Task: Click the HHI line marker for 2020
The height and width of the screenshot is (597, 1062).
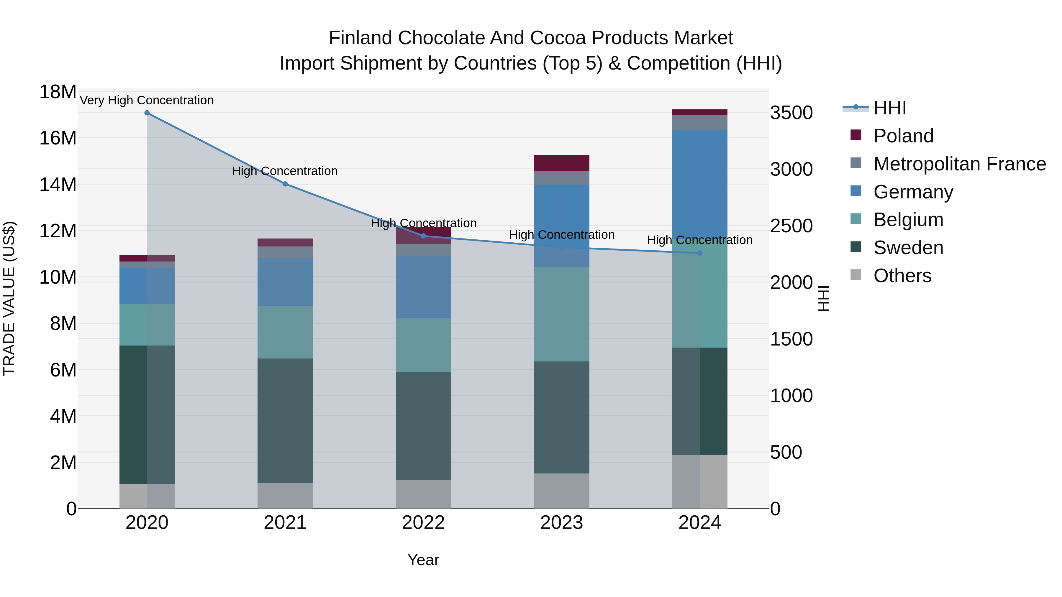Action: pyautogui.click(x=147, y=113)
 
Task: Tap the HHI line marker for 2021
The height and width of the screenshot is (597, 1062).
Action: pyautogui.click(x=285, y=184)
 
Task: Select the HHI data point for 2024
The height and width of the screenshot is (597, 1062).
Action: pyautogui.click(x=700, y=253)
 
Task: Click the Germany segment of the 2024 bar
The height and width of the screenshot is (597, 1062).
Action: pyautogui.click(x=700, y=181)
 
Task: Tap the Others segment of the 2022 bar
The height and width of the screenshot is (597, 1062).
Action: pyautogui.click(x=423, y=494)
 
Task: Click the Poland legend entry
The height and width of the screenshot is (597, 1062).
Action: pyautogui.click(x=903, y=136)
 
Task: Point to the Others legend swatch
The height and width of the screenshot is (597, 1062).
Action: pyautogui.click(x=856, y=275)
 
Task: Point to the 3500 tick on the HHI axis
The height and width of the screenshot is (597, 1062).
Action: pyautogui.click(x=791, y=113)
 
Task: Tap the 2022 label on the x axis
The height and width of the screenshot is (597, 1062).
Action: pyautogui.click(x=423, y=523)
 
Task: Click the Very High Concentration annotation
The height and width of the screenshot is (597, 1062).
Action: pyautogui.click(x=147, y=100)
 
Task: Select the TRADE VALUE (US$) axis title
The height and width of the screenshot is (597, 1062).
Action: pyautogui.click(x=9, y=298)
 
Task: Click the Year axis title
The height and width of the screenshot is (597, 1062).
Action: pyautogui.click(x=423, y=560)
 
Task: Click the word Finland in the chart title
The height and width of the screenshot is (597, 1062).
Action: pyautogui.click(x=360, y=38)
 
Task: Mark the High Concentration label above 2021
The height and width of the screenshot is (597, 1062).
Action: pyautogui.click(x=285, y=171)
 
